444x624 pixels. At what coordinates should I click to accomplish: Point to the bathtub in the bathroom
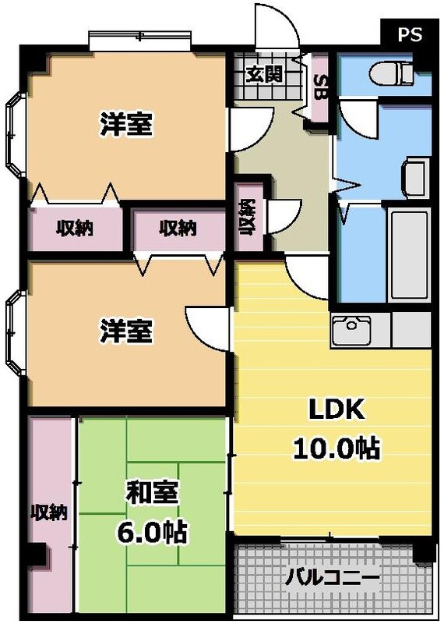409,253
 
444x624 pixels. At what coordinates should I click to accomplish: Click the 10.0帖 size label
335,447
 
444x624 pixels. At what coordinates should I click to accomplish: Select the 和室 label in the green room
153,494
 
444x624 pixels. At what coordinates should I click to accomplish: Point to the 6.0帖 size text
153,532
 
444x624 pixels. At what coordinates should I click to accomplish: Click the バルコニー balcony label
333,578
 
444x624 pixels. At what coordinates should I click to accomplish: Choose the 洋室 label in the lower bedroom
125,331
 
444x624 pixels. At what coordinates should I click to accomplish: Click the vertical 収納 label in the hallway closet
248,217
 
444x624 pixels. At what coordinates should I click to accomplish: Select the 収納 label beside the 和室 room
48,512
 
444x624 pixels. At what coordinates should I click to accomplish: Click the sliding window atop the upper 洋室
139,37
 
